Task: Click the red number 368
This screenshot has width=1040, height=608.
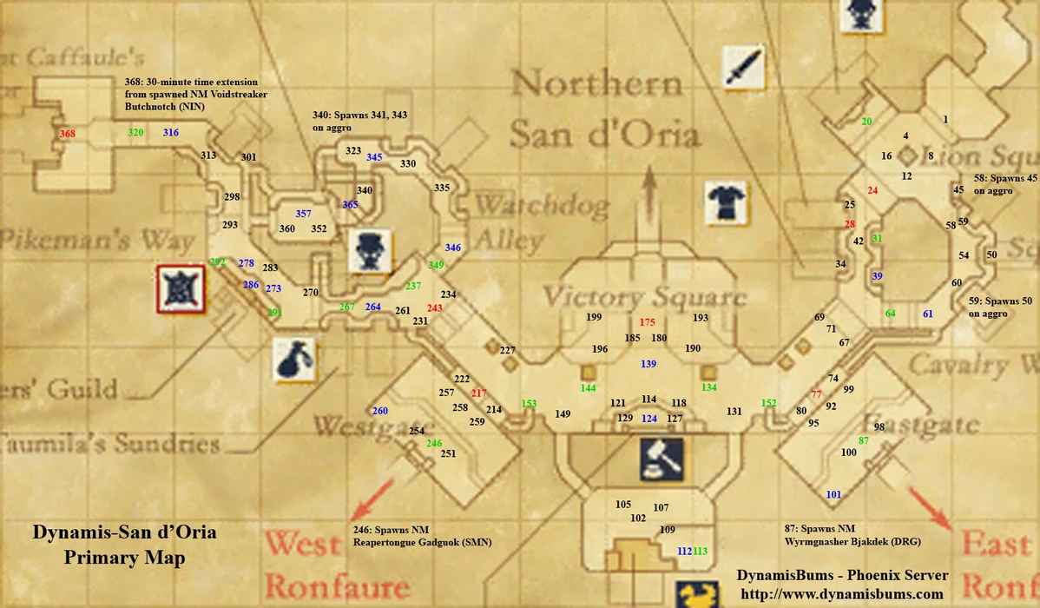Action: click(x=68, y=134)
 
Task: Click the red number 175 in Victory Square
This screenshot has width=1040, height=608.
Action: click(x=647, y=322)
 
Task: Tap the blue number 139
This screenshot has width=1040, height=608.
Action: click(x=648, y=364)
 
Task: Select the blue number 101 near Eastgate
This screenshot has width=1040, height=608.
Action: click(x=833, y=494)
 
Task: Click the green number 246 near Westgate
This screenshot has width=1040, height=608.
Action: click(x=434, y=443)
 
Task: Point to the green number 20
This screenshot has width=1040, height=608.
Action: click(x=866, y=122)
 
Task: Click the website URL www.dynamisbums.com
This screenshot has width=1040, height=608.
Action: click(x=841, y=594)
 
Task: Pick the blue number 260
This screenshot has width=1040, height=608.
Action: click(x=380, y=411)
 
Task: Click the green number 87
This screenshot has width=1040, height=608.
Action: click(x=863, y=441)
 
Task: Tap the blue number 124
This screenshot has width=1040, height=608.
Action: click(x=648, y=419)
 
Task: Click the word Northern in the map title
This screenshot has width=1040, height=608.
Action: click(x=597, y=85)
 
